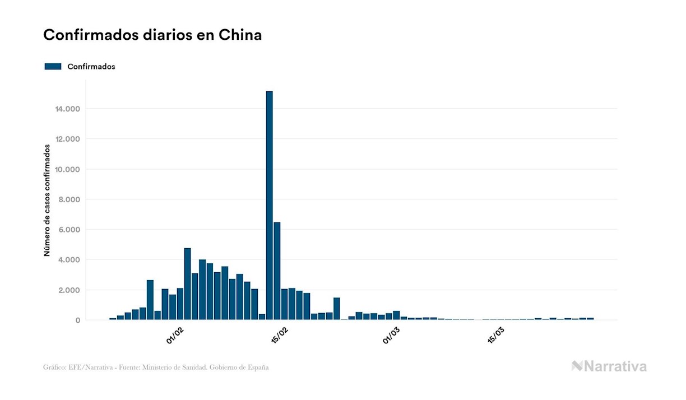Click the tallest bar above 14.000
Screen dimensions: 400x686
point(269,205)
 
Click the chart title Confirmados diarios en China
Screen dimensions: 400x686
point(152,35)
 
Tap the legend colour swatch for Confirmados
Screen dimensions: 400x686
point(53,67)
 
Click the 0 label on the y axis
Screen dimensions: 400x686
point(77,320)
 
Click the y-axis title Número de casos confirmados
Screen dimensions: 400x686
point(47,200)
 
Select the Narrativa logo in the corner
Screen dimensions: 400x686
point(609,366)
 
